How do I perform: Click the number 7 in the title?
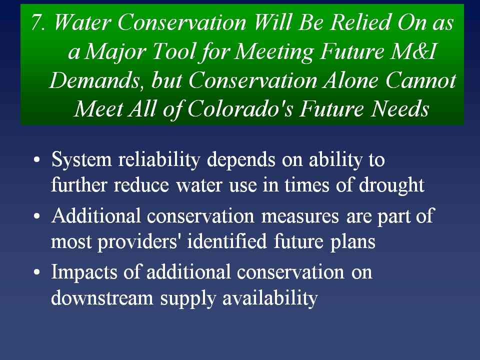pyautogui.click(x=37, y=22)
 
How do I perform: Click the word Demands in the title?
pyautogui.click(x=95, y=80)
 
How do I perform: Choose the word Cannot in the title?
pyautogui.click(x=420, y=80)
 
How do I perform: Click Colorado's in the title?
pyautogui.click(x=240, y=108)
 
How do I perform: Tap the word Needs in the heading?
pyautogui.click(x=399, y=108)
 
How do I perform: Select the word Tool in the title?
pyautogui.click(x=173, y=51)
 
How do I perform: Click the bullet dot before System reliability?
pyautogui.click(x=36, y=160)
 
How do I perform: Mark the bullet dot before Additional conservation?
pyautogui.click(x=36, y=216)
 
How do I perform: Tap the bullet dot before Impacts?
pyautogui.click(x=36, y=272)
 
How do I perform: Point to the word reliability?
pyautogui.click(x=159, y=159)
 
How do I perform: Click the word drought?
pyautogui.click(x=391, y=185)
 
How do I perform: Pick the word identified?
pyautogui.click(x=227, y=241)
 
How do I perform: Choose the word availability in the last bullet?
pyautogui.click(x=270, y=298)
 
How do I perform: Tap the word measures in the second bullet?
pyautogui.click(x=300, y=216)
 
